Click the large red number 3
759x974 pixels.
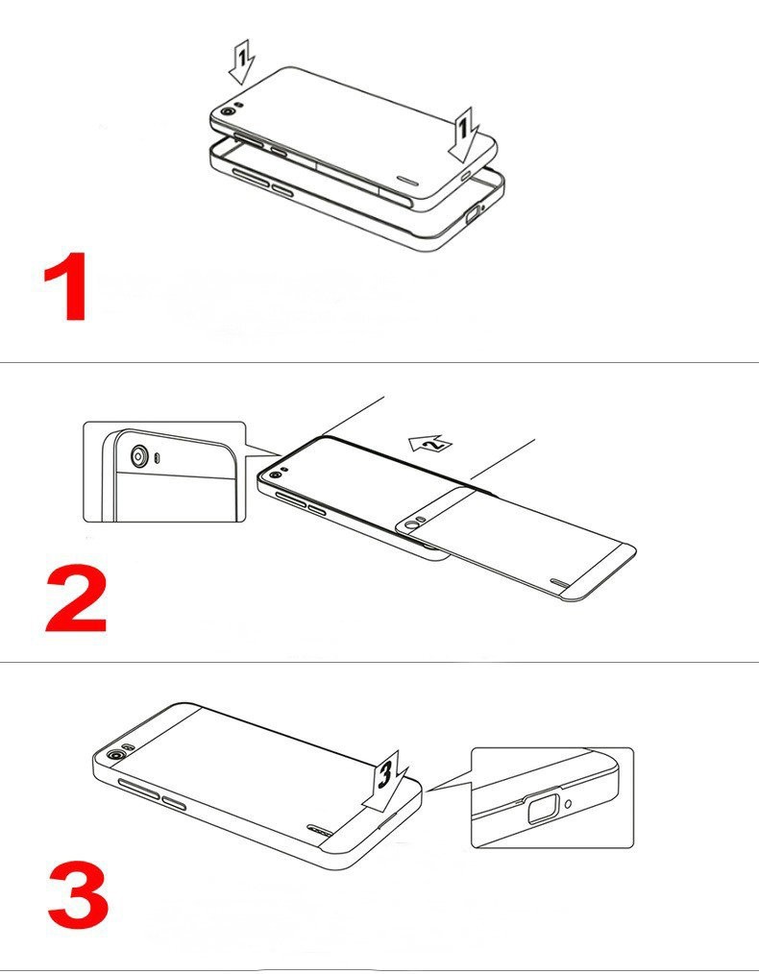point(76,892)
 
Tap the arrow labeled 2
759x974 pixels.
point(429,442)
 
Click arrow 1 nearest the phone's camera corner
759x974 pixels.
point(241,62)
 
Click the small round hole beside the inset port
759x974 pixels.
point(572,802)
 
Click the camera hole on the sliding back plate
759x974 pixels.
point(415,524)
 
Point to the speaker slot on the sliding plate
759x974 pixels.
point(560,582)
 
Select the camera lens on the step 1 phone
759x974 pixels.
point(229,113)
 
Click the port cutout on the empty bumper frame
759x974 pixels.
point(474,217)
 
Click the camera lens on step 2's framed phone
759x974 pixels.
point(275,475)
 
